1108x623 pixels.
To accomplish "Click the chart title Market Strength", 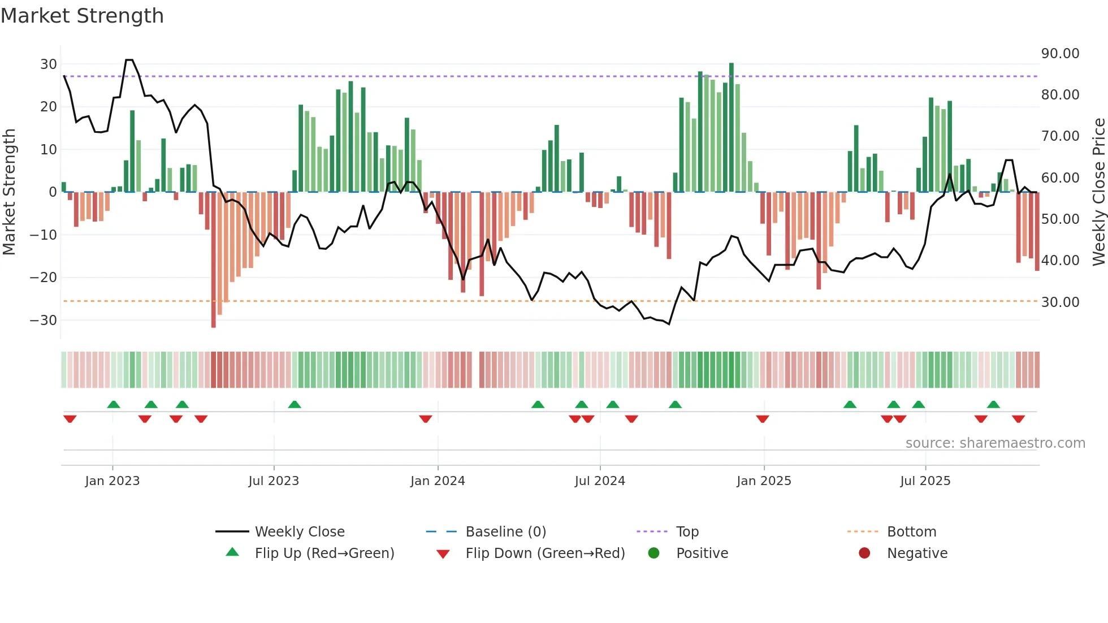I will pos(82,16).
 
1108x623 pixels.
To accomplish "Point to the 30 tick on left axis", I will pos(48,64).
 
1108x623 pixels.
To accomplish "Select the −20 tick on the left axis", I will pos(44,278).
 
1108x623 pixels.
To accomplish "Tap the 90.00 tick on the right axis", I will pos(1060,54).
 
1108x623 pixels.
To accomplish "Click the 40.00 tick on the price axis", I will pos(1060,261).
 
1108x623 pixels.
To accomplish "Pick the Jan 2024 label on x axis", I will pos(438,481).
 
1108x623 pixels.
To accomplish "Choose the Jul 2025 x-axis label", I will pos(925,481).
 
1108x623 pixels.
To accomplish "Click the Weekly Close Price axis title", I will pos(1098,192).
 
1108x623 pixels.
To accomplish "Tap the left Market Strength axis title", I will pos(9,192).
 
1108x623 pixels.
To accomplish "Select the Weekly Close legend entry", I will pos(299,532).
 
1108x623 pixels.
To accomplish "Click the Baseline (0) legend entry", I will pos(505,532).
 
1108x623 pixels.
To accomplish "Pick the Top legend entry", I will pos(687,532).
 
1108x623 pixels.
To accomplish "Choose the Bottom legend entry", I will pos(911,532).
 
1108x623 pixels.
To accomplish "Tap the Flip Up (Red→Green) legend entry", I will pos(324,553).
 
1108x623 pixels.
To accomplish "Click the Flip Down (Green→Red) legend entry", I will pos(545,553).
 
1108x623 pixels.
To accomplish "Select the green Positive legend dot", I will pos(654,553).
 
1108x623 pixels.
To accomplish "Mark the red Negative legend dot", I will pos(864,553).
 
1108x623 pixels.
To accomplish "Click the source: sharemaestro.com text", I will pos(995,443).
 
